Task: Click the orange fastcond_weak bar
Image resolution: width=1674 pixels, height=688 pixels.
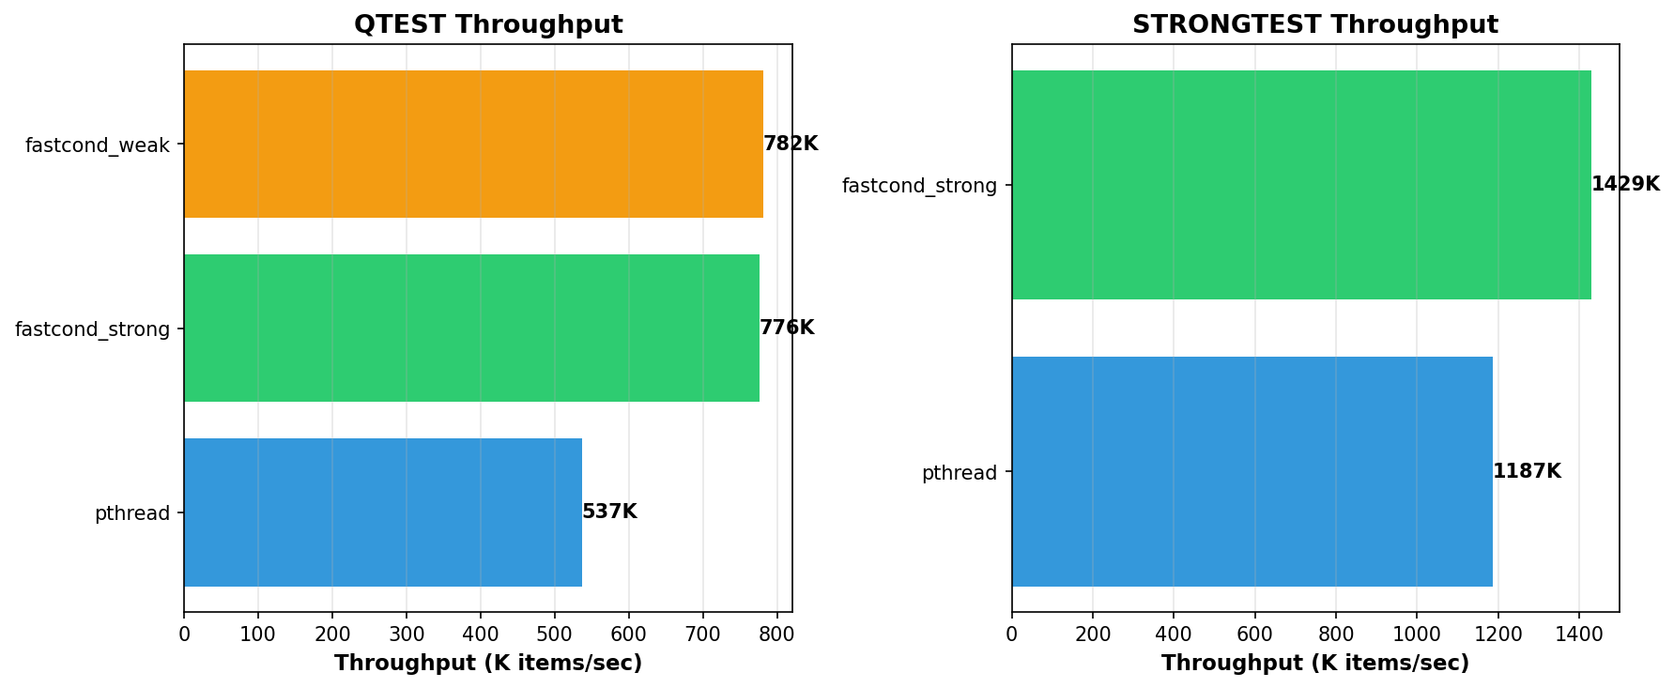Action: [473, 145]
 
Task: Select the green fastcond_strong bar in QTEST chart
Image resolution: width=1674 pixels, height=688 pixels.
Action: [471, 329]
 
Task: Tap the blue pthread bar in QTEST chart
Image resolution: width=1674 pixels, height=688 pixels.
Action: [383, 512]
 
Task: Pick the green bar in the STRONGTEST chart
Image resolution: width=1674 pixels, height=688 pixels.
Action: [1301, 185]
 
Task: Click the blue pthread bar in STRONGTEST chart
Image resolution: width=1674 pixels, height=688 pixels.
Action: [1252, 472]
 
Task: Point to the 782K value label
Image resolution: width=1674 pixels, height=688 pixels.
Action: [791, 145]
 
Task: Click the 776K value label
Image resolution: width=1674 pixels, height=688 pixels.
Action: [787, 329]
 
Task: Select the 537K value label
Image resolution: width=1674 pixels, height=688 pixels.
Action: [609, 512]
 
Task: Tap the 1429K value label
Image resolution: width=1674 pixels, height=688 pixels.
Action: [1625, 185]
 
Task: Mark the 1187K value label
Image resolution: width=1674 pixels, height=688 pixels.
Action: [1527, 472]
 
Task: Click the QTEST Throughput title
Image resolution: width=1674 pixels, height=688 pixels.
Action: [488, 25]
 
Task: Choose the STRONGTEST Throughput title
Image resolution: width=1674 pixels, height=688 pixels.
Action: [1314, 25]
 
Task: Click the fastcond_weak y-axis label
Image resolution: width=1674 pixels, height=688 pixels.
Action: [98, 145]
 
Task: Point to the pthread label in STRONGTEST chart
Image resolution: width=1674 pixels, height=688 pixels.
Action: [959, 473]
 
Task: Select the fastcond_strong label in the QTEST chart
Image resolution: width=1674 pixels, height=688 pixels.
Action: [93, 329]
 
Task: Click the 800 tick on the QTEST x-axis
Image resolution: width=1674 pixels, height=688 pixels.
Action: [776, 634]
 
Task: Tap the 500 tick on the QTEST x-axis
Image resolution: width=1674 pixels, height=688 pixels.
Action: [555, 634]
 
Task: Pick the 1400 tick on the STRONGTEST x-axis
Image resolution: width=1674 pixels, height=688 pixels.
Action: [1579, 634]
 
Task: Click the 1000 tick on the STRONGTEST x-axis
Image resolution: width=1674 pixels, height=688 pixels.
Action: [1417, 634]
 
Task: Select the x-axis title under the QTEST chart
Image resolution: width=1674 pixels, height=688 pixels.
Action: [488, 664]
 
